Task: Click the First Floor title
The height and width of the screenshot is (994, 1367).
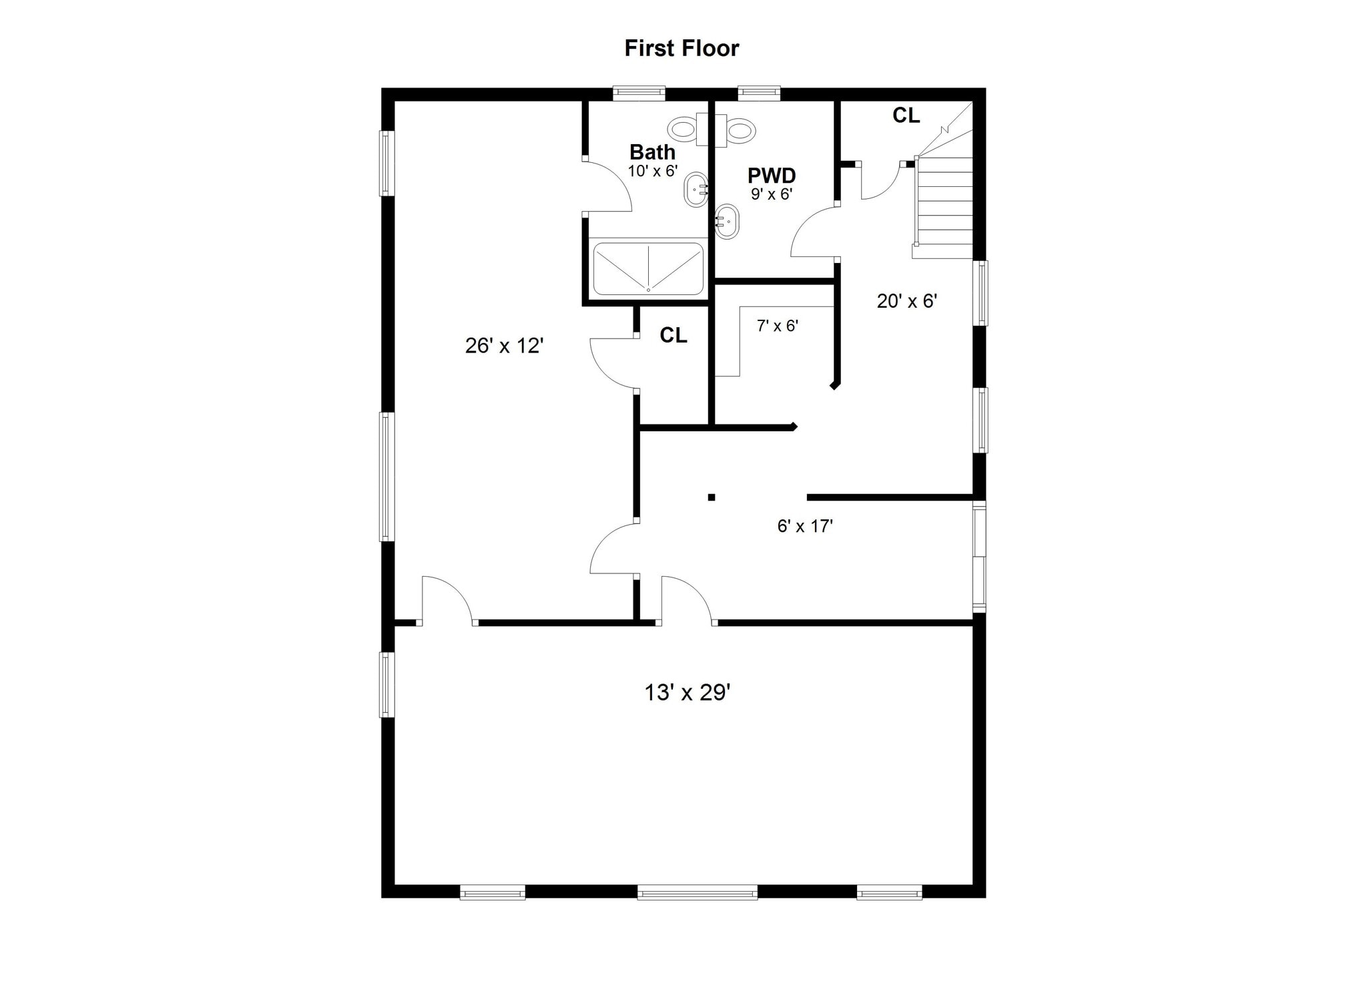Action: click(681, 48)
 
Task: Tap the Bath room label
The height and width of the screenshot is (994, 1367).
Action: click(652, 152)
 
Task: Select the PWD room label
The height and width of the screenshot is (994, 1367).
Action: click(771, 176)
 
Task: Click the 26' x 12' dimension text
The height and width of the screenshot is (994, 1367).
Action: click(504, 345)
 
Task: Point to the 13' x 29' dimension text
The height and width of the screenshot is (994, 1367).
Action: click(687, 692)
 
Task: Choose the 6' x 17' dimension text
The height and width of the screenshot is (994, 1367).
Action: click(804, 526)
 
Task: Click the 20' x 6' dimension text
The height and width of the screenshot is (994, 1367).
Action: click(906, 301)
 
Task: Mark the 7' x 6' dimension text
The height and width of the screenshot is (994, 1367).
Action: click(777, 326)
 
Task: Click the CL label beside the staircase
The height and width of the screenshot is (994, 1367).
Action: click(906, 115)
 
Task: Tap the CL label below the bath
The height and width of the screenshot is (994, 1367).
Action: click(673, 335)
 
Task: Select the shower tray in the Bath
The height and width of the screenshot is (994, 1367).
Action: click(648, 268)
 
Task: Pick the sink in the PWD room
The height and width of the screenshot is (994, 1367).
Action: click(727, 222)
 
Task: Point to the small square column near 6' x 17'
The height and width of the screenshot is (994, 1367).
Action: click(712, 497)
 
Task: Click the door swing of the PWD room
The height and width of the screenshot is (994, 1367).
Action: click(812, 234)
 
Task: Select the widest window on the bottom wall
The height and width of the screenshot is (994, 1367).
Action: click(697, 892)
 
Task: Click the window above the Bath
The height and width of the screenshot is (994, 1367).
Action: click(639, 93)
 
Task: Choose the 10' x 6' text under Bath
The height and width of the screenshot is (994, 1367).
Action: click(652, 171)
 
